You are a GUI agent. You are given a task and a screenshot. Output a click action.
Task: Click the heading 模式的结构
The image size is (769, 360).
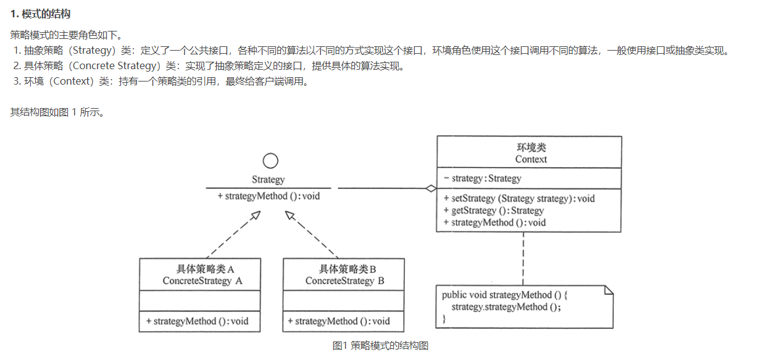49,14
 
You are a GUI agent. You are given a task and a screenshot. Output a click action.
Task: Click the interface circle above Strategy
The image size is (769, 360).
270,161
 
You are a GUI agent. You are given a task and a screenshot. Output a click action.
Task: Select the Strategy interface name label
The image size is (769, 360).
268,180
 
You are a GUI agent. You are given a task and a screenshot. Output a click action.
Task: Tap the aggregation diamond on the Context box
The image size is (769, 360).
430,188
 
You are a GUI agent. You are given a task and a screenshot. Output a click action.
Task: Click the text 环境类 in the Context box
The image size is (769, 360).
531,148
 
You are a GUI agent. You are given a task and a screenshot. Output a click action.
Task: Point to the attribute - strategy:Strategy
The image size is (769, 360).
483,178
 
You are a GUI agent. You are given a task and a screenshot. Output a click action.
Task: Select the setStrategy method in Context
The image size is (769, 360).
519,199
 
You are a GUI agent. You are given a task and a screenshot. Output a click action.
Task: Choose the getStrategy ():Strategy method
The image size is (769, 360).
493,211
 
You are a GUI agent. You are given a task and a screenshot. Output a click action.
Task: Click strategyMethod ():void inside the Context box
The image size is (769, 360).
494,222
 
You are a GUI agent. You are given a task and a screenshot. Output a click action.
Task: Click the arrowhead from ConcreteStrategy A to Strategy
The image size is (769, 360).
255,216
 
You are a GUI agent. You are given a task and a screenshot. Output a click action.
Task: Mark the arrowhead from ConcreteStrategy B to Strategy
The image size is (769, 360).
289,216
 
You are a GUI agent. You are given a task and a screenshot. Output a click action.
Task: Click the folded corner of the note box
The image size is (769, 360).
608,290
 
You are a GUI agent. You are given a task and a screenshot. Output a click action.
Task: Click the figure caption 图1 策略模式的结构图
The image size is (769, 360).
380,346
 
